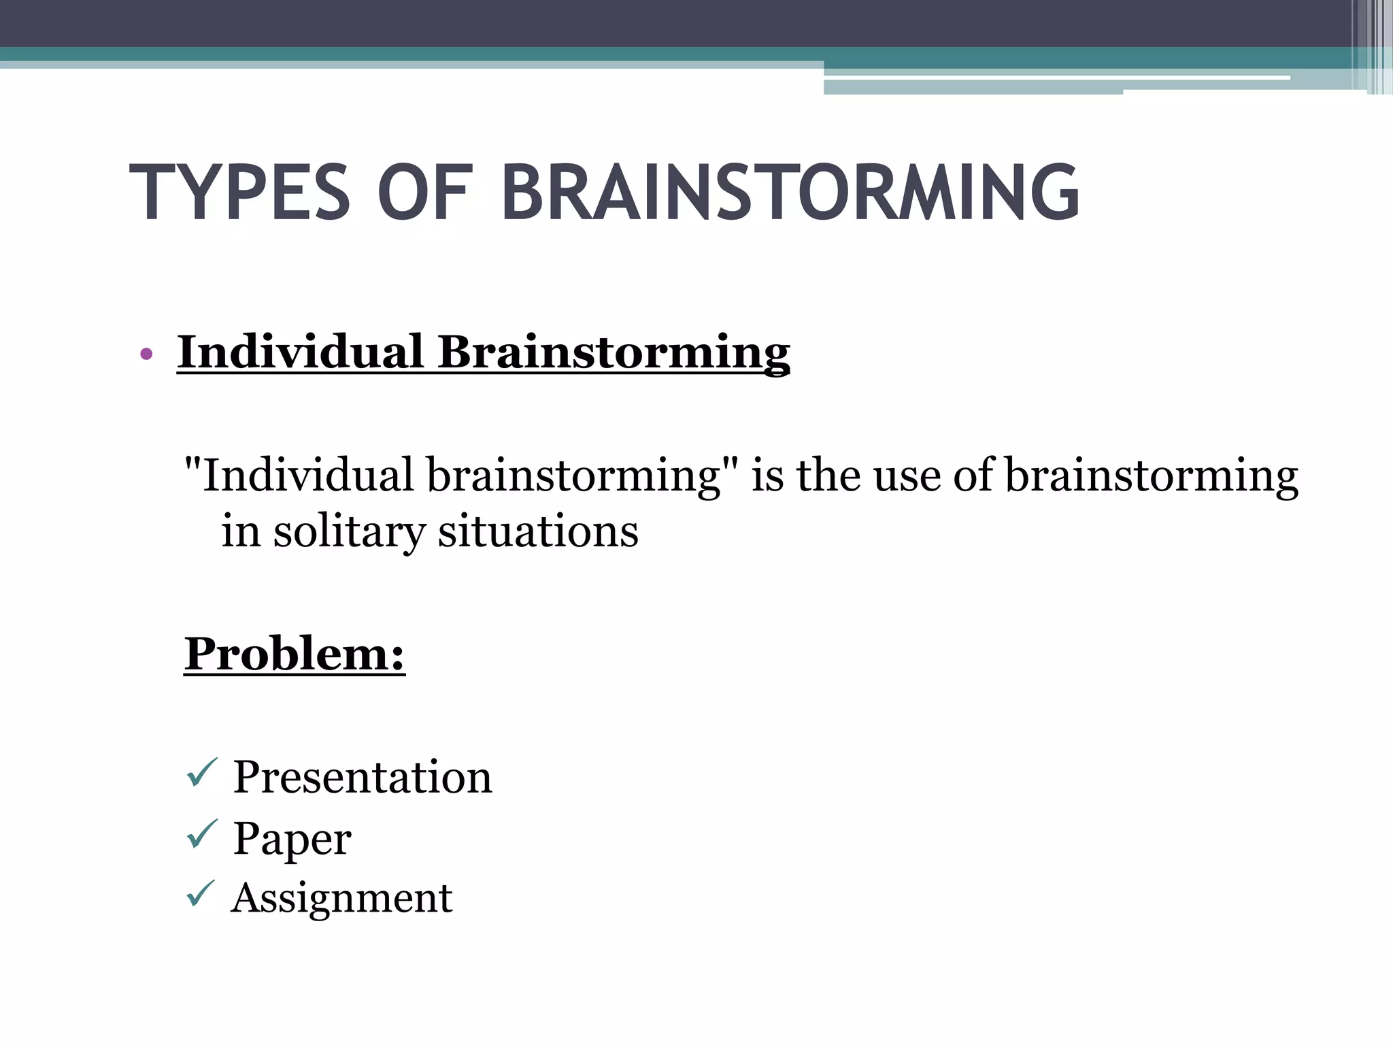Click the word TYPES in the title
(x=239, y=193)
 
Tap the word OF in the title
(x=424, y=193)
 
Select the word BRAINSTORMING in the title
(x=790, y=193)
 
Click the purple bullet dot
(x=146, y=354)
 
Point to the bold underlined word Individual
(x=301, y=352)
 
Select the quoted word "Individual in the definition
(x=299, y=474)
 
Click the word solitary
(x=349, y=532)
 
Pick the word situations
(x=538, y=531)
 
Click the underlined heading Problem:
(x=295, y=654)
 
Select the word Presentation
(x=362, y=777)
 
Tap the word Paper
(x=292, y=839)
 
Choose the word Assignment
(x=341, y=898)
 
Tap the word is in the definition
(x=767, y=474)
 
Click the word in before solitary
(x=241, y=531)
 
